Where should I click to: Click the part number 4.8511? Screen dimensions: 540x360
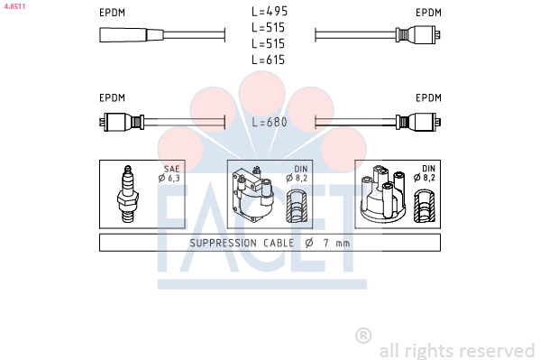[14, 6]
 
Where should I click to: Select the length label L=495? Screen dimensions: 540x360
[270, 12]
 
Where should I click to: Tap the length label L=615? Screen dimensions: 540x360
[269, 60]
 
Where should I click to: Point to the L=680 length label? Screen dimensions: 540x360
[270, 122]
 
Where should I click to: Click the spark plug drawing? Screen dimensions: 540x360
[127, 194]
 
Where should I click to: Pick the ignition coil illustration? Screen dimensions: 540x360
[253, 195]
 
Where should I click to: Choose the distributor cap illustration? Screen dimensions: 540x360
[382, 194]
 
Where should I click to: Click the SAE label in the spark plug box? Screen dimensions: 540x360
[172, 169]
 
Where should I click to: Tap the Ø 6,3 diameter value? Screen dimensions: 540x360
[169, 178]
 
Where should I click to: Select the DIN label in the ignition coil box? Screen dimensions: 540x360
[301, 169]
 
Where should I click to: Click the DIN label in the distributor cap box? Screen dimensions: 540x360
[429, 169]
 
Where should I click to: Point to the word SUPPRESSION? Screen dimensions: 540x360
[224, 243]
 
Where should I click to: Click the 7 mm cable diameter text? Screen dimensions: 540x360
[336, 243]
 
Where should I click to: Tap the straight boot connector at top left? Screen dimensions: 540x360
[132, 35]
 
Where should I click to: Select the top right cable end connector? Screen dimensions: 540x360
[418, 34]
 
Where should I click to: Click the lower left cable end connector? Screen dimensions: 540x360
[122, 122]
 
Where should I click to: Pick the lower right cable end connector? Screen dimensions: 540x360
[418, 122]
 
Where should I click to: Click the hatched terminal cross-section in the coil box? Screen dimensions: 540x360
[297, 206]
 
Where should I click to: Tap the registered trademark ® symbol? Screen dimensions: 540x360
[363, 336]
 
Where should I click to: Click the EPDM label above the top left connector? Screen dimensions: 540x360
[113, 13]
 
